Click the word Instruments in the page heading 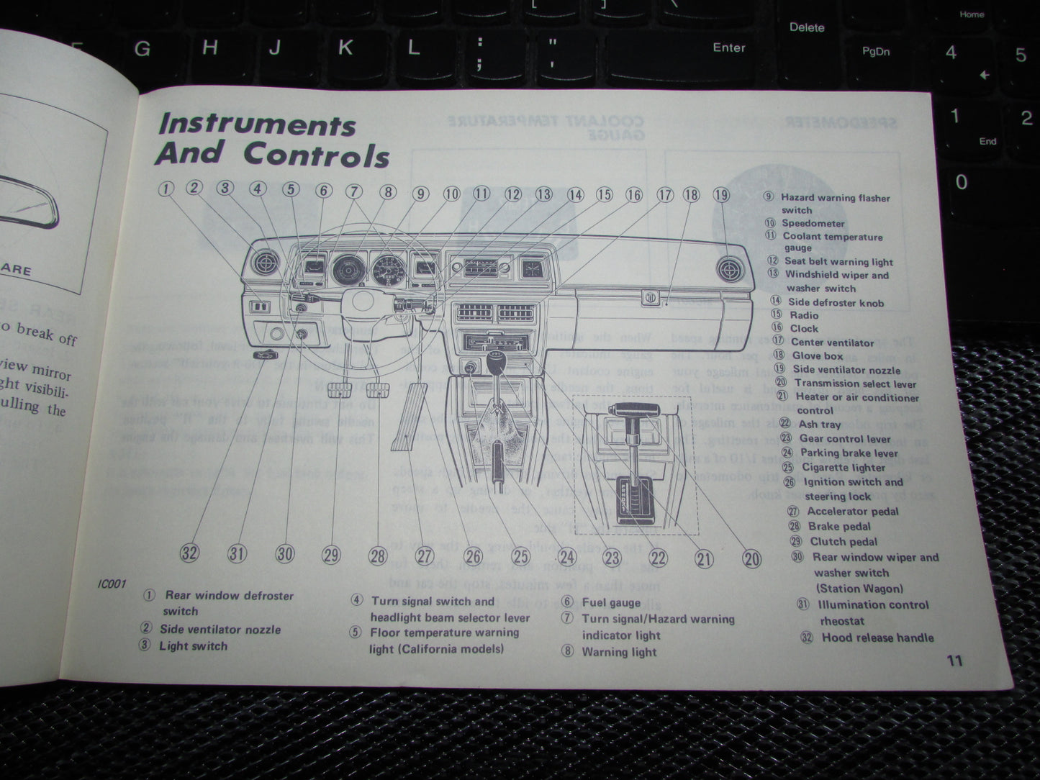[257, 124]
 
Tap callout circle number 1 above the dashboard [166, 189]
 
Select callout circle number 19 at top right [720, 195]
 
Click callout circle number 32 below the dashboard [189, 553]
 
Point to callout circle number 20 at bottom [751, 559]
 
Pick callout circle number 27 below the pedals [425, 555]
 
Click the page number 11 [954, 661]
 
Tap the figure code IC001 [112, 584]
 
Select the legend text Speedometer [813, 223]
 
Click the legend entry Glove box [818, 355]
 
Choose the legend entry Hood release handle [877, 638]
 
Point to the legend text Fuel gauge [610, 602]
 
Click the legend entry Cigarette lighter [844, 467]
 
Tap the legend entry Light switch [193, 645]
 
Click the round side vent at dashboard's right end [731, 270]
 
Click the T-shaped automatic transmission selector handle [633, 410]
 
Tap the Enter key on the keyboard [728, 47]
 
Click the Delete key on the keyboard [806, 27]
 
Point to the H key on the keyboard [209, 48]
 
